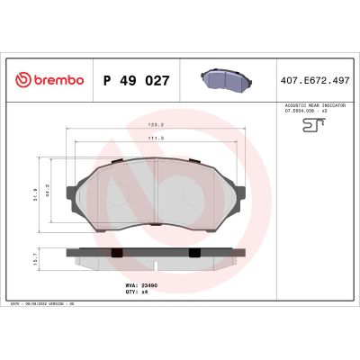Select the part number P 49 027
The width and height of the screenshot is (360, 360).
137,80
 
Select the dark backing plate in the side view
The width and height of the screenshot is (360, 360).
156,249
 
